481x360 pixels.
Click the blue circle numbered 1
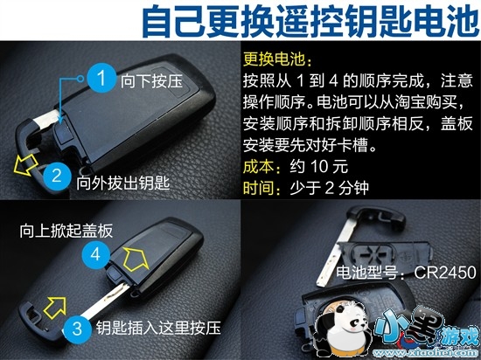pos(101,78)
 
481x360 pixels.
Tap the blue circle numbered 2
pos(58,177)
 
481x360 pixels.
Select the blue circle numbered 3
pos(77,329)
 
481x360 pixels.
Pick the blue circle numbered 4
pos(95,254)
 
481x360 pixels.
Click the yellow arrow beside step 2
pos(25,164)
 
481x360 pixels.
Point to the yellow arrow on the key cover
pos(136,260)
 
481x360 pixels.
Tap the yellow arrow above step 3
pos(55,308)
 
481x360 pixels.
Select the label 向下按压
pos(151,81)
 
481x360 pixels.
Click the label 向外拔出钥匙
pos(122,183)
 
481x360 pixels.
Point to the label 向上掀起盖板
pos(66,231)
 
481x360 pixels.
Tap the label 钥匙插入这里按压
pos(158,328)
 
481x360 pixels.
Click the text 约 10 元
pos(319,167)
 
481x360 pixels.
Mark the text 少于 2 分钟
pos(329,188)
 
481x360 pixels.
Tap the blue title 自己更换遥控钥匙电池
pos(310,22)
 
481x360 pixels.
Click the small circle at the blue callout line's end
pos(80,79)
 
